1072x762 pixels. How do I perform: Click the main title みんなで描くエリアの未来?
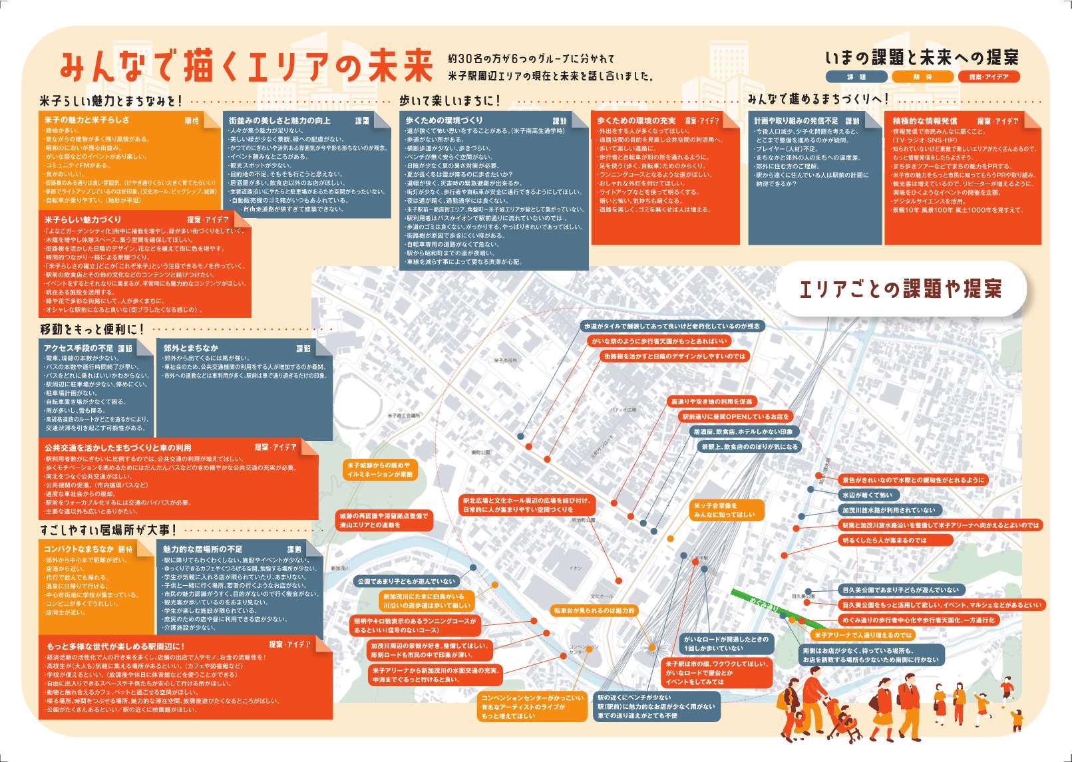pos(246,66)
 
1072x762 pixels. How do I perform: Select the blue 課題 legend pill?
pos(856,77)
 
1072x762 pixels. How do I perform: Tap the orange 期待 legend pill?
pos(922,77)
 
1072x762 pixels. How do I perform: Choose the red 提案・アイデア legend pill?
pos(988,77)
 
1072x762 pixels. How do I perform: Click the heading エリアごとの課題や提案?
pos(900,289)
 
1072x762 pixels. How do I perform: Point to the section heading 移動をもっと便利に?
pos(92,329)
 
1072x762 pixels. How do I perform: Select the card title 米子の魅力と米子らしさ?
pos(87,120)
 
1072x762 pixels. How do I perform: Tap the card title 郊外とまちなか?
pos(191,348)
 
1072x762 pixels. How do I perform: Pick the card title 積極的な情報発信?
pos(925,121)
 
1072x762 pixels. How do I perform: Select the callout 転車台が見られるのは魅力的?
pos(594,610)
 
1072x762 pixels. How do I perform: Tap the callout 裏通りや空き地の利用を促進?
pos(711,402)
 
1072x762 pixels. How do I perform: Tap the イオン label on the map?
pos(576,568)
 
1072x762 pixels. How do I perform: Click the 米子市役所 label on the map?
pos(505,360)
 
